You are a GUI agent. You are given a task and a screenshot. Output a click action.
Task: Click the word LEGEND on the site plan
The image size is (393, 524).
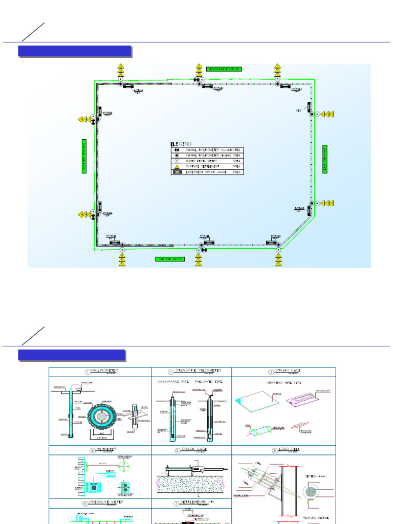pyautogui.click(x=181, y=144)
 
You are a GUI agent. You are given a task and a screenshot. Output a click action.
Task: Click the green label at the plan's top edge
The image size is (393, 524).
pyautogui.click(x=223, y=69)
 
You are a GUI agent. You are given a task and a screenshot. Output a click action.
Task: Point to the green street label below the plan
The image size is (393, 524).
pyautogui.click(x=170, y=259)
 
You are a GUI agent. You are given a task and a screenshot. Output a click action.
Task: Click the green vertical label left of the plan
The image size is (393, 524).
pyautogui.click(x=84, y=156)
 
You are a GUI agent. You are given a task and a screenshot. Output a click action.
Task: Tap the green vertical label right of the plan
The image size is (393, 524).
pyautogui.click(x=324, y=159)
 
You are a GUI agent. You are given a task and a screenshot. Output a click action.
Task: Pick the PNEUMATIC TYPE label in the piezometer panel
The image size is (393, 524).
pyautogui.click(x=209, y=382)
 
